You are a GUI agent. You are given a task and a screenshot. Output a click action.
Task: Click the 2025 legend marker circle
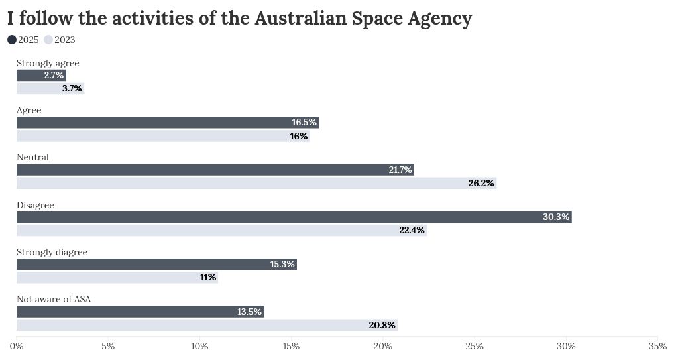point(12,40)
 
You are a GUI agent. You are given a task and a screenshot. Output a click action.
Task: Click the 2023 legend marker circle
point(48,40)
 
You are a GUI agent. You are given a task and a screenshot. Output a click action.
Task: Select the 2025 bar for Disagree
point(294,217)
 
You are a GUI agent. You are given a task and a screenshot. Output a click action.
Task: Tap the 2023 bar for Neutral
point(256,183)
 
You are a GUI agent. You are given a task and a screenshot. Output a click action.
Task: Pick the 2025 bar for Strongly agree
point(41,75)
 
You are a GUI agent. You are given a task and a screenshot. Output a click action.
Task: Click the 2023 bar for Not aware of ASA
point(207,325)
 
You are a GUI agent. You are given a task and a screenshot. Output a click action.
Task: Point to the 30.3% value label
point(556,217)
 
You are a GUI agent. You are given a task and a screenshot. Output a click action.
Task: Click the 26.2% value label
point(481,183)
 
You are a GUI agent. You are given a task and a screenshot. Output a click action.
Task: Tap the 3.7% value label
point(72,88)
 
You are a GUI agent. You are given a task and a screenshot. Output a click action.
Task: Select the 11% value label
point(208,277)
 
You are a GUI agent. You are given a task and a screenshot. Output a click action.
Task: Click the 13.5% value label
point(250,312)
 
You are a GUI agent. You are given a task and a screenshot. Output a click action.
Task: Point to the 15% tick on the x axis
point(291,346)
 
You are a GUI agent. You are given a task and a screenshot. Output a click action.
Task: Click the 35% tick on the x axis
point(657,346)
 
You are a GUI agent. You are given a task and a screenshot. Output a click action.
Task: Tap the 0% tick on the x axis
point(17,346)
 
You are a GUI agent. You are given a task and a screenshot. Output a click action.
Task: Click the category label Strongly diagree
point(52,252)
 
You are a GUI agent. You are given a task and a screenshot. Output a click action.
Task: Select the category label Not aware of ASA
point(54,299)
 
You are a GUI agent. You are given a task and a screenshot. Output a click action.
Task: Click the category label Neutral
point(32,157)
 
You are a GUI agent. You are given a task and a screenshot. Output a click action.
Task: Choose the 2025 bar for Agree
point(167,122)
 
